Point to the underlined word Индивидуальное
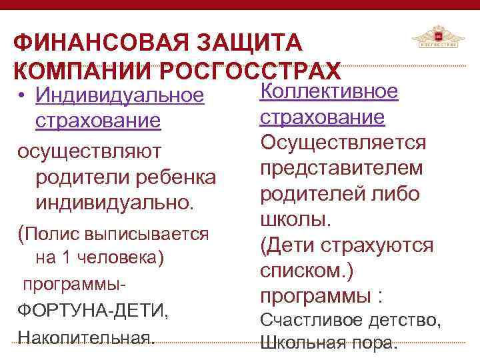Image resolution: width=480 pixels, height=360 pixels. [119, 95]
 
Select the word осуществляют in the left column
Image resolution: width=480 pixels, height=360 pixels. [89, 151]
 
